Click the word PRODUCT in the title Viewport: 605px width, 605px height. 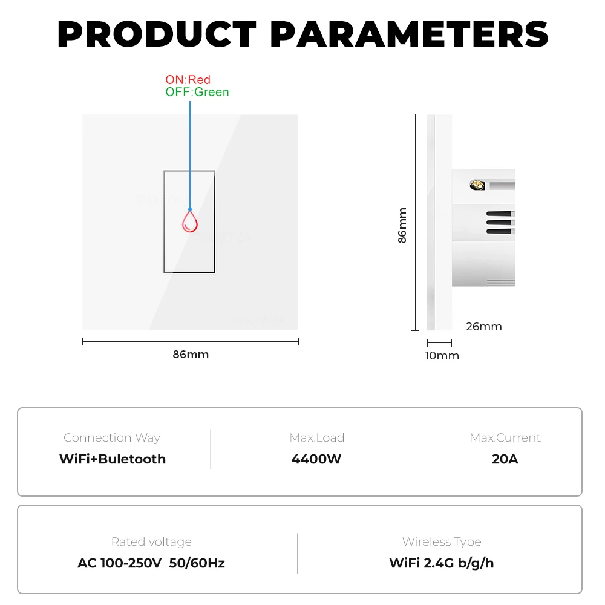(157, 35)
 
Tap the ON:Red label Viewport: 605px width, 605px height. (188, 80)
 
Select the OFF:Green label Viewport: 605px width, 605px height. (197, 92)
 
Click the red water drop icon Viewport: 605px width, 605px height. (190, 221)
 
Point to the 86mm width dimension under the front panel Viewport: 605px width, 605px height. (191, 355)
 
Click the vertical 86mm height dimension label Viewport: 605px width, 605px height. (402, 225)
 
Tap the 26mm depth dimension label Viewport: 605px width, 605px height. (484, 327)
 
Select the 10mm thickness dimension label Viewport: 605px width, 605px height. (442, 356)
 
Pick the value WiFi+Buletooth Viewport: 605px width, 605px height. (113, 459)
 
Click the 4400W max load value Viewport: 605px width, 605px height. (316, 459)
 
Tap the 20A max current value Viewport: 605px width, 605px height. (505, 459)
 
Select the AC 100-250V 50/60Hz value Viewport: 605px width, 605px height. (151, 563)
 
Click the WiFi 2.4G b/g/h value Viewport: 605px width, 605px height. (442, 563)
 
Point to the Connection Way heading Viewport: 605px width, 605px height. (112, 437)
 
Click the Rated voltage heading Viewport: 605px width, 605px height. (151, 542)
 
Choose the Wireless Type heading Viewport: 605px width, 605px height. (442, 542)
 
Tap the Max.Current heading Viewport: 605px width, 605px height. (505, 437)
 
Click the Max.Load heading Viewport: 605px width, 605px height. (316, 437)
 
